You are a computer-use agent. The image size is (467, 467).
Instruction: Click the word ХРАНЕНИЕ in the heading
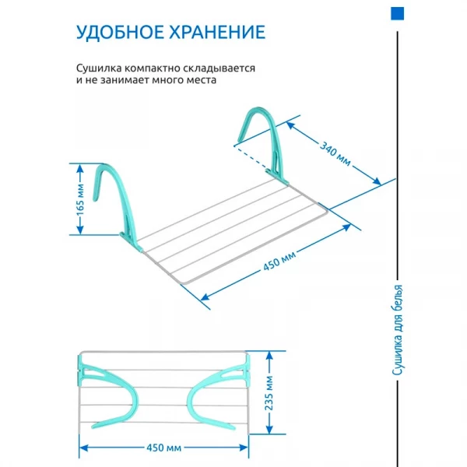click(x=217, y=32)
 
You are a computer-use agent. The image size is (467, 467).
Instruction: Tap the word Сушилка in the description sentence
click(x=99, y=68)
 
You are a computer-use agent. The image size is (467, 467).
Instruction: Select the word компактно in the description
click(x=152, y=68)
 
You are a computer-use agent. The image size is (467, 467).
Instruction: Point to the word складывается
click(x=219, y=68)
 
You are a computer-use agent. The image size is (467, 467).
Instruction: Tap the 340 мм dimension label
click(x=335, y=153)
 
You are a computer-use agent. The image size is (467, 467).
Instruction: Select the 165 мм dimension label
click(x=80, y=200)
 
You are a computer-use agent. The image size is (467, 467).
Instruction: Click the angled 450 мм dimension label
click(x=279, y=262)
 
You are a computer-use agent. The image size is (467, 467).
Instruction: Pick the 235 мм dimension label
click(x=269, y=393)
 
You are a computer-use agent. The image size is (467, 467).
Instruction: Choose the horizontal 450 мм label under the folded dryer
click(x=163, y=448)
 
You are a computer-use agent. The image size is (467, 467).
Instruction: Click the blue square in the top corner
click(x=397, y=14)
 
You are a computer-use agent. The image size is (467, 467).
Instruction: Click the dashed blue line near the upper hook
click(x=250, y=157)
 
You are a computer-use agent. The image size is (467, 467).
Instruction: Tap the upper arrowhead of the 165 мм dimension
click(x=80, y=169)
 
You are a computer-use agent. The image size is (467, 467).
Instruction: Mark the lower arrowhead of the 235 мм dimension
click(x=269, y=429)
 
